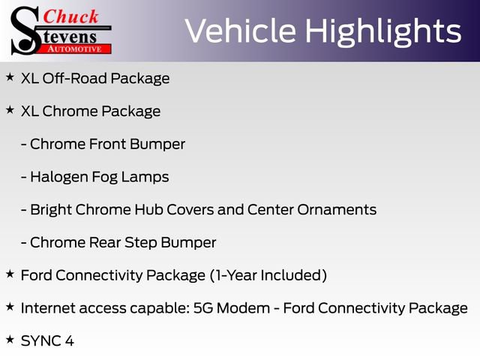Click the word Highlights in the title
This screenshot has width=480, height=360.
[x=385, y=31]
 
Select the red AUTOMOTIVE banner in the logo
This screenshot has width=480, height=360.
[x=74, y=47]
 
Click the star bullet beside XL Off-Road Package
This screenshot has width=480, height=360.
[x=10, y=77]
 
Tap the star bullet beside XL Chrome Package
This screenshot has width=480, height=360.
[x=10, y=110]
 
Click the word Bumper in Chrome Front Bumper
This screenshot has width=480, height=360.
[x=160, y=144]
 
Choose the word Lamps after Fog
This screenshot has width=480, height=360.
[x=147, y=177]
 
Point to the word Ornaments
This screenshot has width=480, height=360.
[x=335, y=210]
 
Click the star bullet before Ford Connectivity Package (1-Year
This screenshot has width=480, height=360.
[x=10, y=274]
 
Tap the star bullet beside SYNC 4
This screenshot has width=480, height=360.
[x=10, y=340]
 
